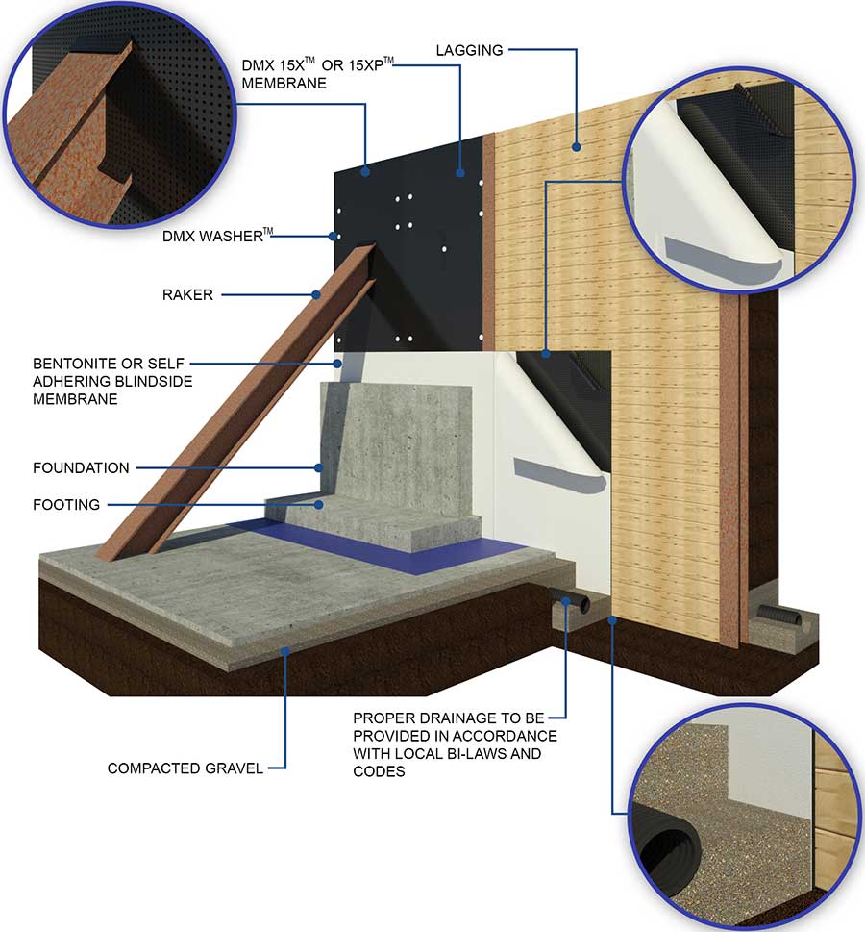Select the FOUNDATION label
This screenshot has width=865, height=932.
coord(81,468)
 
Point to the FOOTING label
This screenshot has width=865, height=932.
coord(66,504)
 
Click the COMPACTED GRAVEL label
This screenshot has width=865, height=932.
coord(185,768)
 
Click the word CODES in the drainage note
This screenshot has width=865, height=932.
coord(380,770)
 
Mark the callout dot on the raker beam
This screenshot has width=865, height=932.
coord(315,294)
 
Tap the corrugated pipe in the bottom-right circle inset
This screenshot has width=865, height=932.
coord(663,855)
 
